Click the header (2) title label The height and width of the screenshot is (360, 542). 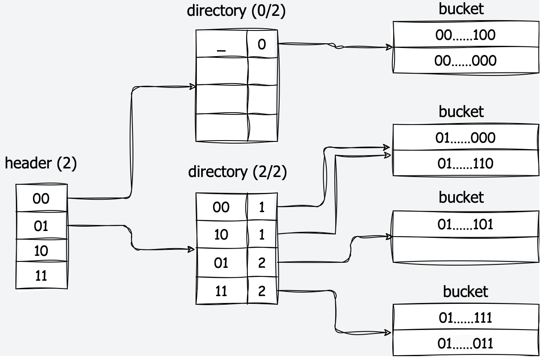[41, 164]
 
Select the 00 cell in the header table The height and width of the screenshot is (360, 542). [41, 198]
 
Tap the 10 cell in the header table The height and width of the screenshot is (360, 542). [41, 251]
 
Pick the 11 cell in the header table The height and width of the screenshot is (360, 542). [41, 276]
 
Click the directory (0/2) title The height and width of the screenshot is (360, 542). [236, 11]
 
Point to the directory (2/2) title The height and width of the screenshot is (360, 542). [237, 172]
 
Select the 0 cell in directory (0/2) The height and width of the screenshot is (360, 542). [262, 44]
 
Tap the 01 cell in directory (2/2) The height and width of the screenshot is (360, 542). [221, 262]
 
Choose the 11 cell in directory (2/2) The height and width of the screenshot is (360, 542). [221, 291]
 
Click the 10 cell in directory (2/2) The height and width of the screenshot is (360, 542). [221, 234]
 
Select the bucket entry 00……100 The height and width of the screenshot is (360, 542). [465, 35]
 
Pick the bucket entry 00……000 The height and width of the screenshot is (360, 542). [465, 60]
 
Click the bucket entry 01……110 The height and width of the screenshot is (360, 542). [465, 163]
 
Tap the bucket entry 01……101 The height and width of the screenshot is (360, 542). [465, 224]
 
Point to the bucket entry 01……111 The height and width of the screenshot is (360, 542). [465, 318]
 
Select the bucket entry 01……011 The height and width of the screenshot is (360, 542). [465, 343]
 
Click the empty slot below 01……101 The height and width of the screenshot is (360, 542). [465, 249]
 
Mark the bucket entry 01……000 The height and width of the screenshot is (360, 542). [465, 138]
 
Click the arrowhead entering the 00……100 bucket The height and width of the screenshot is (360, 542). [389, 47]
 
